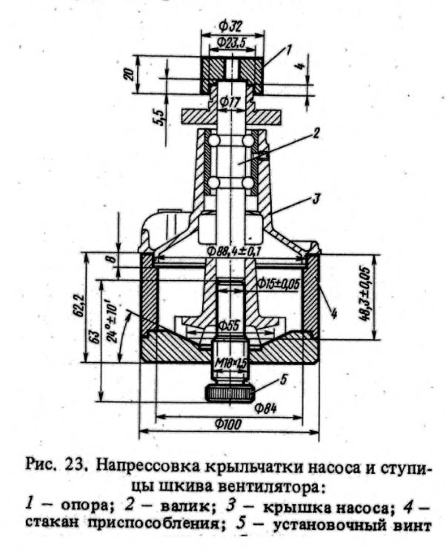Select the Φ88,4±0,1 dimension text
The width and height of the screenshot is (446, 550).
[x=237, y=250]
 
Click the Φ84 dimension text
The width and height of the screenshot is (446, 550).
[x=265, y=406]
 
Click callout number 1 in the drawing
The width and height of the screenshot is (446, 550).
[x=290, y=50]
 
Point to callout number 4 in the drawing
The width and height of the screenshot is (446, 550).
[x=335, y=315]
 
